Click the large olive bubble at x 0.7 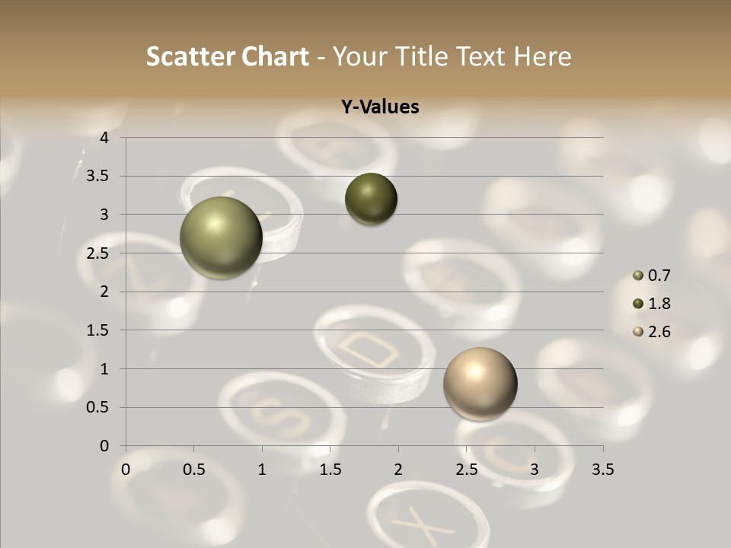[x=221, y=237]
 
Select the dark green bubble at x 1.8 [x=371, y=199]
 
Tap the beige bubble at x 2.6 [x=480, y=384]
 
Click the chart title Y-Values [x=380, y=107]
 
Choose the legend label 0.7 [x=659, y=276]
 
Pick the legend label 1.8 [x=659, y=304]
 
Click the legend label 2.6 [x=659, y=332]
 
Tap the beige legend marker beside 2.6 [x=638, y=332]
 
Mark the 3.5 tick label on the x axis [x=602, y=470]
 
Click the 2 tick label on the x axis [x=398, y=470]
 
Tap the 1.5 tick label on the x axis [x=330, y=470]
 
